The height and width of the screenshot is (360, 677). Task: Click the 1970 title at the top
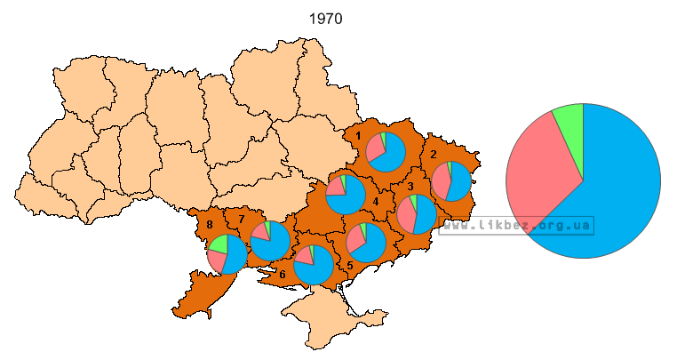326,19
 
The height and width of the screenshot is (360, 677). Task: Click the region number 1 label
357,136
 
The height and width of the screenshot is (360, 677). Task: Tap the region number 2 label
434,154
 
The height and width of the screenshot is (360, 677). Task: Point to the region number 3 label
410,187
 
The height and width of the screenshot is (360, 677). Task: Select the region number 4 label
376,201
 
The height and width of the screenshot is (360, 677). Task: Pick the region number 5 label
350,265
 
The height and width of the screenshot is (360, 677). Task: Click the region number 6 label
283,275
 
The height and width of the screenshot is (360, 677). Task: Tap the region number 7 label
241,219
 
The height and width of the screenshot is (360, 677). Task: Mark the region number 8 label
210,225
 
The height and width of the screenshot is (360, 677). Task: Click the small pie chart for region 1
386,152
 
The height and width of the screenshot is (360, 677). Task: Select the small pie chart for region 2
452,181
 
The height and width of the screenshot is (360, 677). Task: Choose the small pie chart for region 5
365,243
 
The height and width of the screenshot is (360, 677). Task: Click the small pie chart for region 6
314,265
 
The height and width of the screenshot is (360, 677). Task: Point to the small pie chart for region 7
270,241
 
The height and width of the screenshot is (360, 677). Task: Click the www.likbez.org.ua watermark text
517,226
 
